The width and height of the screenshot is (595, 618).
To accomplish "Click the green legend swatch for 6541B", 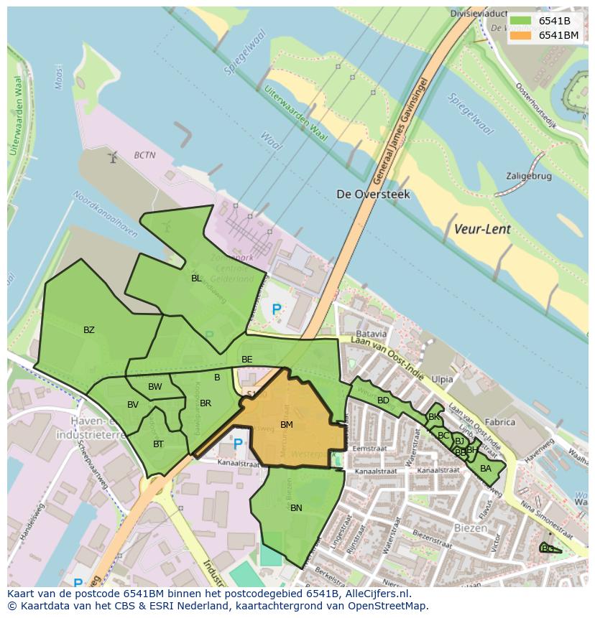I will click(x=521, y=22).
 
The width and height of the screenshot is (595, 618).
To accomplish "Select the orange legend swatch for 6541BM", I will click(x=521, y=34).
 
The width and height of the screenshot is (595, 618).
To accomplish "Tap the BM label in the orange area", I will click(x=287, y=425).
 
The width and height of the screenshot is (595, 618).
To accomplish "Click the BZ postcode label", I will click(x=89, y=330).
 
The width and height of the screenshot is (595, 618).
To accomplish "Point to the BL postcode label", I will click(x=196, y=278).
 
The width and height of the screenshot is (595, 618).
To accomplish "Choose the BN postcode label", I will click(x=296, y=507).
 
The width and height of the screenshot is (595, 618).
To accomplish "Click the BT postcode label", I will click(x=158, y=444).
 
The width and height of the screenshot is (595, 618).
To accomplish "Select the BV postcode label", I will click(x=133, y=405).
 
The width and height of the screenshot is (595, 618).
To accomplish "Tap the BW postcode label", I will click(x=155, y=387).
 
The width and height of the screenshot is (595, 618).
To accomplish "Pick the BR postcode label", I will click(x=206, y=403).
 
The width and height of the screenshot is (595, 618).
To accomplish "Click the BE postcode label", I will click(x=247, y=359).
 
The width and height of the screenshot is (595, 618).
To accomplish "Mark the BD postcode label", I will click(x=383, y=400).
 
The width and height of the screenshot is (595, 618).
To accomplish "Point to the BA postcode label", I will click(x=486, y=469).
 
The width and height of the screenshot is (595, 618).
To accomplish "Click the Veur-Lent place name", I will click(x=482, y=230).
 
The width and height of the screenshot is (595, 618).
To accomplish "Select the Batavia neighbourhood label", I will click(x=372, y=334).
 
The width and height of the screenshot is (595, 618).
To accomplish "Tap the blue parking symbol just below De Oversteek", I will click(x=277, y=310).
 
